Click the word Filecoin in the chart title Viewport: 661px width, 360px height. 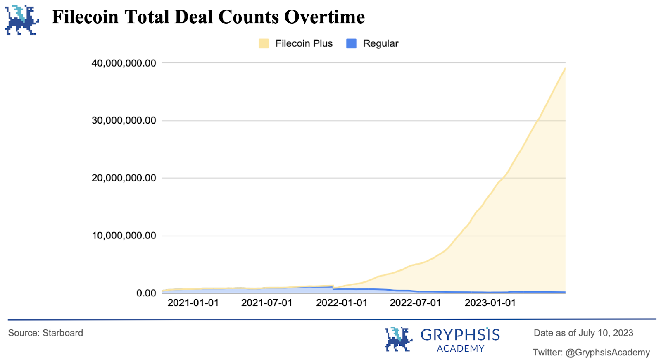pyautogui.click(x=85, y=17)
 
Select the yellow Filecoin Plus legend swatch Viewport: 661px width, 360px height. pyautogui.click(x=264, y=43)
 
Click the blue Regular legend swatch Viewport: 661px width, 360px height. pyautogui.click(x=351, y=43)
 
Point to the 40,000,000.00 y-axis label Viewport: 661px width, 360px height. pyautogui.click(x=124, y=63)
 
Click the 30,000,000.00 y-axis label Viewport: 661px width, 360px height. pyautogui.click(x=124, y=121)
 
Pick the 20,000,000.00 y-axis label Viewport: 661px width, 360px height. pyautogui.click(x=124, y=178)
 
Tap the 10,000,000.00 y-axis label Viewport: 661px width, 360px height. pyautogui.click(x=124, y=236)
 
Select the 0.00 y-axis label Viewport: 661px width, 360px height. pyautogui.click(x=146, y=293)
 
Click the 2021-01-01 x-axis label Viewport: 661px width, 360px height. pyautogui.click(x=193, y=303)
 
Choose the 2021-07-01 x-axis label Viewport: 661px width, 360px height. pyautogui.click(x=267, y=303)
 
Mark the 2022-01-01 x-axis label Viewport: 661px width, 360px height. pyautogui.click(x=342, y=303)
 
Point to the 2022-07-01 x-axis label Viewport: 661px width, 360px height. pyautogui.click(x=416, y=303)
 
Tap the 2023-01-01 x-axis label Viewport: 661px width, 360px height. pyautogui.click(x=490, y=303)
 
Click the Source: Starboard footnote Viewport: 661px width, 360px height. pyautogui.click(x=45, y=333)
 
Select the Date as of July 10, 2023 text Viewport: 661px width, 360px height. pyautogui.click(x=583, y=333)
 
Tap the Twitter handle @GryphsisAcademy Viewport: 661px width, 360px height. pyautogui.click(x=607, y=353)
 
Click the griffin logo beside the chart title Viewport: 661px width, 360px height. pyautogui.click(x=22, y=20)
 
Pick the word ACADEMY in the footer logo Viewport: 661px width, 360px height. pyautogui.click(x=460, y=349)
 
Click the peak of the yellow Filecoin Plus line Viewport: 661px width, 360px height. pyautogui.click(x=565, y=69)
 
